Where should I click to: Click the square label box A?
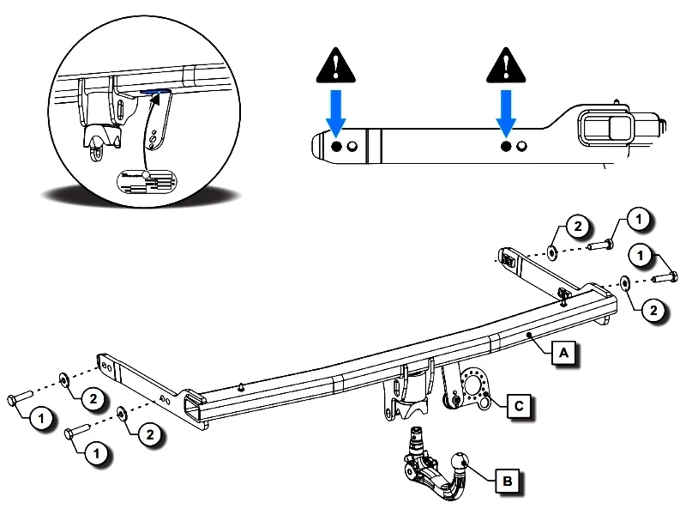click(x=563, y=352)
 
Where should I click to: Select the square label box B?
click(x=507, y=482)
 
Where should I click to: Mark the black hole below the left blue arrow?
click(x=336, y=148)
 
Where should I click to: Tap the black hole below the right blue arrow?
click(x=506, y=148)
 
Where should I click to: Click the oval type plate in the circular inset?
click(x=145, y=181)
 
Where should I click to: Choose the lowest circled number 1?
click(x=98, y=451)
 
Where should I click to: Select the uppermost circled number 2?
click(x=577, y=227)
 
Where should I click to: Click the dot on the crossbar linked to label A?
click(x=531, y=333)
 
